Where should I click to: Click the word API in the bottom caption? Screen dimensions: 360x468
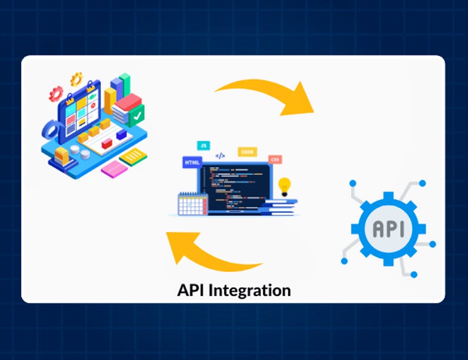[x=192, y=290]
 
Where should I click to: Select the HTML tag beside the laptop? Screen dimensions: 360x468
[x=192, y=162]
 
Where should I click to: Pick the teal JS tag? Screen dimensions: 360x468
[x=203, y=145]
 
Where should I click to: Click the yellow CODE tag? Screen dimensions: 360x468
[x=247, y=152]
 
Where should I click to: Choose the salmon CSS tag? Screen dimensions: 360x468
[x=274, y=159]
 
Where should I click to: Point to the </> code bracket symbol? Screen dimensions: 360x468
[x=220, y=156]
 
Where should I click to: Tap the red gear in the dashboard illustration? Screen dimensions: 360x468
[x=56, y=92]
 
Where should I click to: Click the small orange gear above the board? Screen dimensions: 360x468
[x=76, y=78]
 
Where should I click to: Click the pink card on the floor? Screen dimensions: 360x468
[x=114, y=169]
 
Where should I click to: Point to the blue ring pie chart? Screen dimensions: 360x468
[x=52, y=129]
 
